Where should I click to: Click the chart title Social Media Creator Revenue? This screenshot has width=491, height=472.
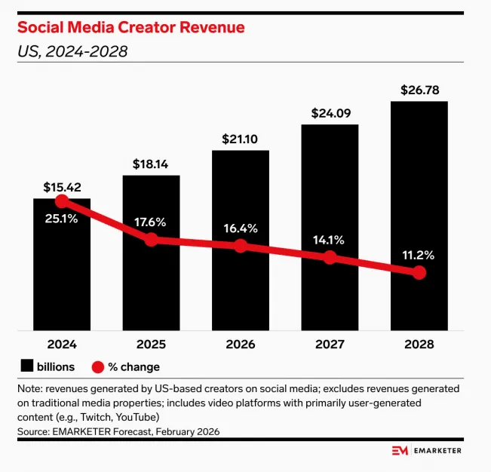(x=130, y=28)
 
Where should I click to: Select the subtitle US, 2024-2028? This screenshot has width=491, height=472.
(x=72, y=52)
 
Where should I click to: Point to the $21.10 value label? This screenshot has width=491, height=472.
(x=240, y=139)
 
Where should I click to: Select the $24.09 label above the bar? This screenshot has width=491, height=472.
(x=330, y=114)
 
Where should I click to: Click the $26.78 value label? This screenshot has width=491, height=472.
(x=419, y=90)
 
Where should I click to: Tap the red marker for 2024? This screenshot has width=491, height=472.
(x=62, y=202)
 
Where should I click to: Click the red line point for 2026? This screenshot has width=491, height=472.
(x=240, y=246)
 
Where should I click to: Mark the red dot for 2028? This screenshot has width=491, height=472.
(x=419, y=272)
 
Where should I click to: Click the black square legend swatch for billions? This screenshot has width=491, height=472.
(x=27, y=366)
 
